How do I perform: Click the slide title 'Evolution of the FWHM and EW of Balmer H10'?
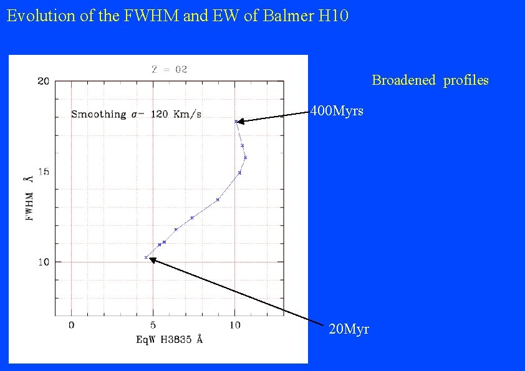[178, 16]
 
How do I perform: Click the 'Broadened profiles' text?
[430, 80]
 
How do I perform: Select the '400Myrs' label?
[337, 112]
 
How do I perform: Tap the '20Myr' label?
[348, 329]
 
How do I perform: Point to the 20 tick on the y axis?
[43, 81]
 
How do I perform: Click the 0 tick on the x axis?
[71, 325]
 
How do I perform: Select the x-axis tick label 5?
[153, 325]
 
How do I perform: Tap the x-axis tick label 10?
[234, 325]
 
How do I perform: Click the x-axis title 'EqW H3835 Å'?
[169, 340]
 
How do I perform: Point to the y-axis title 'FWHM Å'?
[28, 198]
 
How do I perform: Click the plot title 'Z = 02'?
[170, 69]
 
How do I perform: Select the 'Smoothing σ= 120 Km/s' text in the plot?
[136, 115]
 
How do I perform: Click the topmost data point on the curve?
[236, 121]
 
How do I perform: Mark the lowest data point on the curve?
[146, 258]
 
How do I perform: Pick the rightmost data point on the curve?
[246, 157]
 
